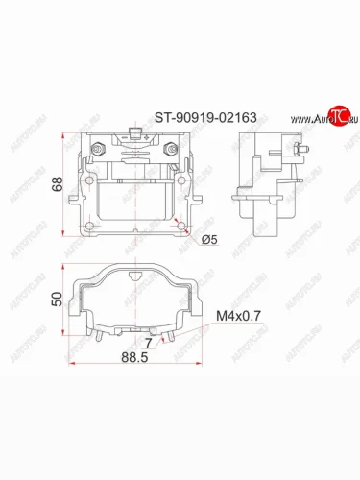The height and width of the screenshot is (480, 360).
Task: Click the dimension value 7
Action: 148,340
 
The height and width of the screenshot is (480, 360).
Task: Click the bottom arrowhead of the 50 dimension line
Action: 64,331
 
